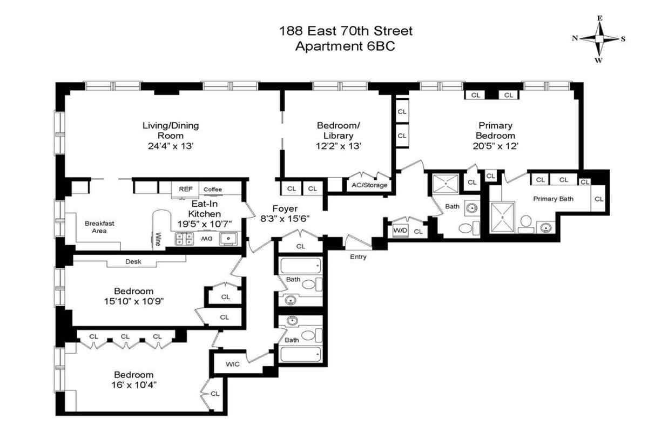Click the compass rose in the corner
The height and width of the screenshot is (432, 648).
click(599, 39)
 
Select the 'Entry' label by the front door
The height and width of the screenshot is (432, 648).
click(358, 256)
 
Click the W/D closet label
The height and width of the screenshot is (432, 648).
click(400, 231)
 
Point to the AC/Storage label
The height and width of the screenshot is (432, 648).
click(369, 185)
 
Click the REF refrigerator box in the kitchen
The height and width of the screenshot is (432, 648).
click(186, 189)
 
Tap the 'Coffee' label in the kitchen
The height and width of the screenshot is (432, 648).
click(213, 189)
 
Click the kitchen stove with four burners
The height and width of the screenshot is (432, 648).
click(184, 238)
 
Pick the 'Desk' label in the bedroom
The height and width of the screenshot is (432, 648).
click(133, 262)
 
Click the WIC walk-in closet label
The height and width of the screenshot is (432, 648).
click(233, 364)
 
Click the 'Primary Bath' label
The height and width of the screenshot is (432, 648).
click(553, 199)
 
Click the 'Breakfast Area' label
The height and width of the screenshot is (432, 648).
click(99, 227)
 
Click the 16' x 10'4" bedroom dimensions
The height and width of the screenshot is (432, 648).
click(133, 385)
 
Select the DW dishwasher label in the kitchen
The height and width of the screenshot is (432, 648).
click(208, 238)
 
